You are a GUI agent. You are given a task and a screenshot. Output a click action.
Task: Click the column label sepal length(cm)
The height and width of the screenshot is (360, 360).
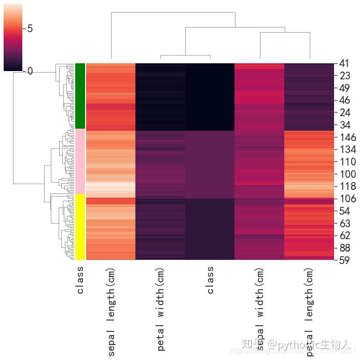(x=112, y=312)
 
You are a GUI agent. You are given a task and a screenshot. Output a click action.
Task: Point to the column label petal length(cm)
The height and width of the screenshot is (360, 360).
(x=310, y=312)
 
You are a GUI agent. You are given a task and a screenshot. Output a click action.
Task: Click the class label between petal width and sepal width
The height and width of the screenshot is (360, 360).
(x=210, y=281)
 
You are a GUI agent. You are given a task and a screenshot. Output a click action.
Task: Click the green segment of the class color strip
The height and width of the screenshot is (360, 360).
(x=80, y=96)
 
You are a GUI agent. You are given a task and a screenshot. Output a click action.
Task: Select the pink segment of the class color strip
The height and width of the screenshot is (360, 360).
(x=80, y=161)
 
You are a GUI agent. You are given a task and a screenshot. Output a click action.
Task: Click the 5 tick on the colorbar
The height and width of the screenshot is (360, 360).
(x=30, y=28)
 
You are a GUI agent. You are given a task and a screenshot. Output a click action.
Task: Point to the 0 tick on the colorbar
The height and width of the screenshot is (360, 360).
(x=30, y=71)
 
